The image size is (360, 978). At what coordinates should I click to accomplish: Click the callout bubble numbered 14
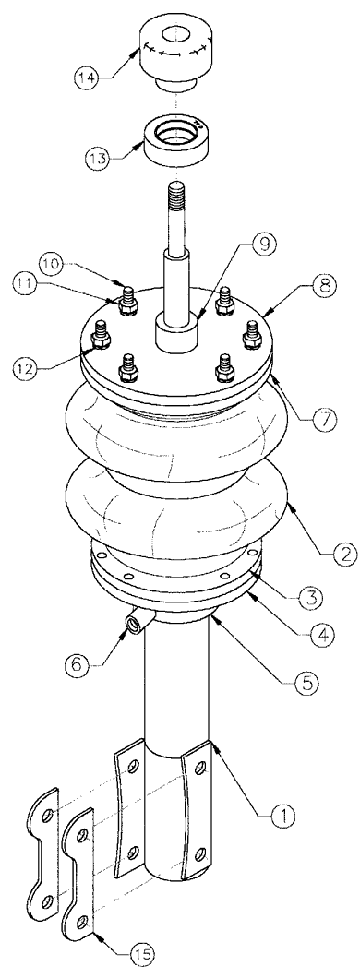click(x=88, y=78)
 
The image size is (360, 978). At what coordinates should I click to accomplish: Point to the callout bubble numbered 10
click(x=54, y=264)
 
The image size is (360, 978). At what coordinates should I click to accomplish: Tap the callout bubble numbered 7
click(x=325, y=417)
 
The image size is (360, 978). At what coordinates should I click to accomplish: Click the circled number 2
click(x=331, y=553)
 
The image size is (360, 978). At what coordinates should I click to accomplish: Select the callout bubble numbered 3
click(x=309, y=597)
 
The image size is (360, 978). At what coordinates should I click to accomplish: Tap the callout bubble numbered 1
click(x=283, y=814)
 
